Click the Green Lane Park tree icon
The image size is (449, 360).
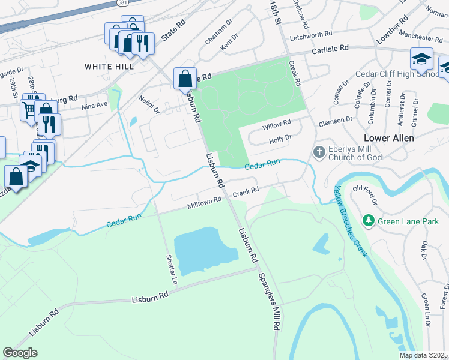(x=369, y=221)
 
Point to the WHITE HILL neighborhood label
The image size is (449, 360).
(x=109, y=66)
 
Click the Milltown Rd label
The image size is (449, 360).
(x=205, y=203)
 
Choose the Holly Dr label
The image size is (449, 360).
(x=280, y=138)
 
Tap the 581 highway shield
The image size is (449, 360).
(x=122, y=3)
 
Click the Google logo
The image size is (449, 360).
(x=20, y=353)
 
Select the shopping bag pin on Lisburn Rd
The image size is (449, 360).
(x=185, y=78)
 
